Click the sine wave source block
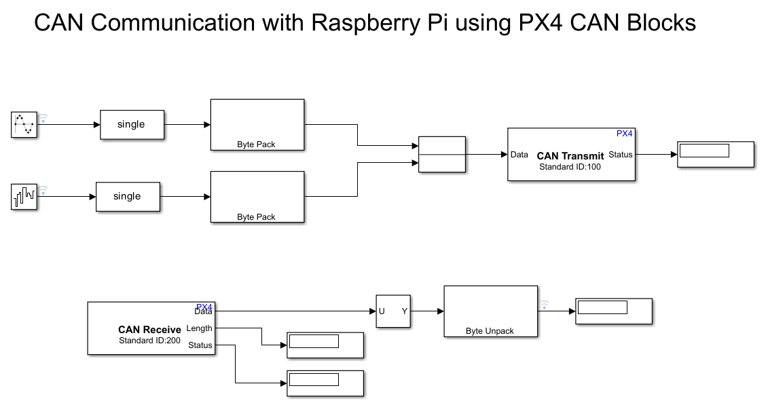[24, 125]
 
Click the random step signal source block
[24, 197]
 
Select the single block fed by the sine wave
[132, 125]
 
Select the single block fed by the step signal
[128, 197]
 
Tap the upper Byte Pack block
[257, 124]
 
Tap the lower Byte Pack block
[257, 197]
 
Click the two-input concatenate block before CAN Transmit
[442, 155]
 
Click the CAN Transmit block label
[570, 156]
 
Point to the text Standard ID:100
[570, 167]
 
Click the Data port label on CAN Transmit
[519, 155]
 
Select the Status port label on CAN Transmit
[621, 155]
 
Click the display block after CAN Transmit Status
[716, 154]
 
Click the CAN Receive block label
[149, 330]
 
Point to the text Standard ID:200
[149, 341]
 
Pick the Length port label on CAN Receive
[200, 328]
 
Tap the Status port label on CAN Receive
[200, 345]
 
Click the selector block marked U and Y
[394, 311]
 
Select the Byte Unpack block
[490, 311]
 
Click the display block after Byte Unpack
[613, 311]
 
